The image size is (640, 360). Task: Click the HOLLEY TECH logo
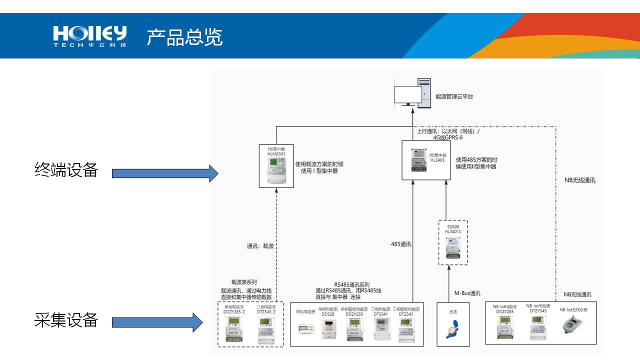pyautogui.click(x=90, y=36)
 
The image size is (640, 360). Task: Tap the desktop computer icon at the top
pyautogui.click(x=411, y=93)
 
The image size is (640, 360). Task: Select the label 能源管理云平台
pyautogui.click(x=454, y=96)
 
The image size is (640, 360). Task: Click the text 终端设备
pyautogui.click(x=66, y=170)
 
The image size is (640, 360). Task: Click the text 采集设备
pyautogui.click(x=66, y=320)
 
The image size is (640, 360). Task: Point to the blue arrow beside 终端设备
pyautogui.click(x=165, y=173)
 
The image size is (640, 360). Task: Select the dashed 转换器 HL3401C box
pyautogui.click(x=453, y=242)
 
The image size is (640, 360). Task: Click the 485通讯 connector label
pyautogui.click(x=401, y=244)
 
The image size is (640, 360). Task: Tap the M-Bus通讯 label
pyautogui.click(x=467, y=293)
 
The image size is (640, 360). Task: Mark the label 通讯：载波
pyautogui.click(x=260, y=246)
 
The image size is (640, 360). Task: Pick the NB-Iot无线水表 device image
pyautogui.click(x=573, y=325)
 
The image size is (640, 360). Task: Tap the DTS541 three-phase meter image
pyautogui.click(x=381, y=329)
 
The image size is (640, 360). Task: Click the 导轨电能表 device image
pyautogui.click(x=305, y=328)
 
